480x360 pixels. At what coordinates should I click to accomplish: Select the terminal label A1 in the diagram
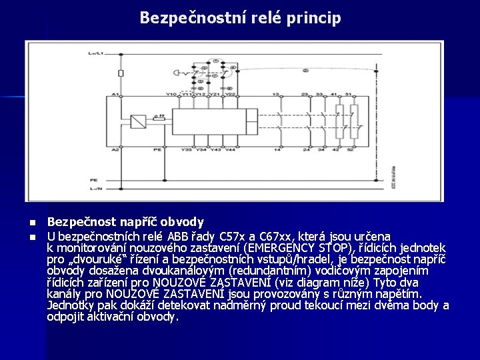tap(115, 95)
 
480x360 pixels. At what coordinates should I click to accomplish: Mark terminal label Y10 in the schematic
tap(171, 95)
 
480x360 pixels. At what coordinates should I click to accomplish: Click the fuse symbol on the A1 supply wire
tap(121, 73)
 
